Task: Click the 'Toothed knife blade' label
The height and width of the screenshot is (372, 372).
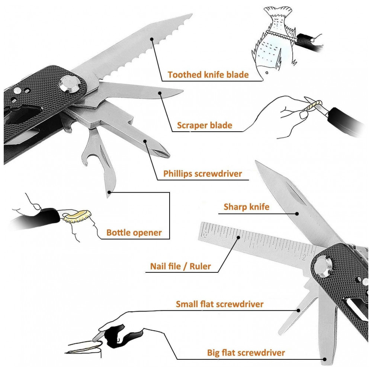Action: click(208, 74)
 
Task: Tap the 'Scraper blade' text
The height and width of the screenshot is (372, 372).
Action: click(204, 125)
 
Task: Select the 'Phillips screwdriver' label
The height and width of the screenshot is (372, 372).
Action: click(202, 174)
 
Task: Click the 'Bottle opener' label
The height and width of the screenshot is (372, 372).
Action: click(134, 233)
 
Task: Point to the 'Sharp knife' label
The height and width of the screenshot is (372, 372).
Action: click(246, 207)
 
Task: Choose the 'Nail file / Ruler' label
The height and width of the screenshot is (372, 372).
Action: click(180, 266)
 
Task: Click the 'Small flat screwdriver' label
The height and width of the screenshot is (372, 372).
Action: click(219, 304)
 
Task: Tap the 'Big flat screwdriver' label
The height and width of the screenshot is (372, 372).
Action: click(246, 353)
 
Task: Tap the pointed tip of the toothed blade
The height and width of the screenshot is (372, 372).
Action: click(191, 15)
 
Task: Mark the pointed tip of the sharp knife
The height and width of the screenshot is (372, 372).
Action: click(256, 162)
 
